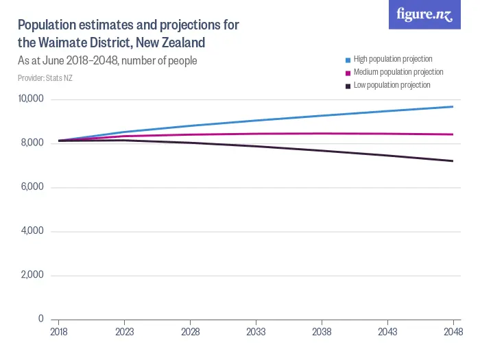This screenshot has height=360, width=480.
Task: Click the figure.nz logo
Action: (x=425, y=14)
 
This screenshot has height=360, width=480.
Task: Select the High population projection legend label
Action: (x=392, y=59)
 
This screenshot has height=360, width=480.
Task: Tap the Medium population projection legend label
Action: (x=398, y=72)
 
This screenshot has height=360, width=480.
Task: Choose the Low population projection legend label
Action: (x=392, y=85)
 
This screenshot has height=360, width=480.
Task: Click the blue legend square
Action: (x=348, y=60)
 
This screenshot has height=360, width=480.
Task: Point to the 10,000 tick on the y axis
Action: (x=31, y=99)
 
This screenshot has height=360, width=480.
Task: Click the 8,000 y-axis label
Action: (x=32, y=143)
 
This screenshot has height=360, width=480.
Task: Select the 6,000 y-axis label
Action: (x=32, y=187)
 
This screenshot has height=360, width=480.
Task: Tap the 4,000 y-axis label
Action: (x=32, y=231)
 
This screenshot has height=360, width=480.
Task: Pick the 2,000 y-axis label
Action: (x=32, y=275)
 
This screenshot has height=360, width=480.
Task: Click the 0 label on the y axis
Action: (x=40, y=319)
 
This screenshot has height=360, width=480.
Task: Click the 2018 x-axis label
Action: (x=58, y=331)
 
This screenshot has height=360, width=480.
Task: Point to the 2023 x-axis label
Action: (x=124, y=331)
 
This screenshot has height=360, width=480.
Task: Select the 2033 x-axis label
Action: (x=256, y=331)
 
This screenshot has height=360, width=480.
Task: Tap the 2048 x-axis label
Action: (x=453, y=331)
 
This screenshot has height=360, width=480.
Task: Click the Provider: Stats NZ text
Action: (x=45, y=77)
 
